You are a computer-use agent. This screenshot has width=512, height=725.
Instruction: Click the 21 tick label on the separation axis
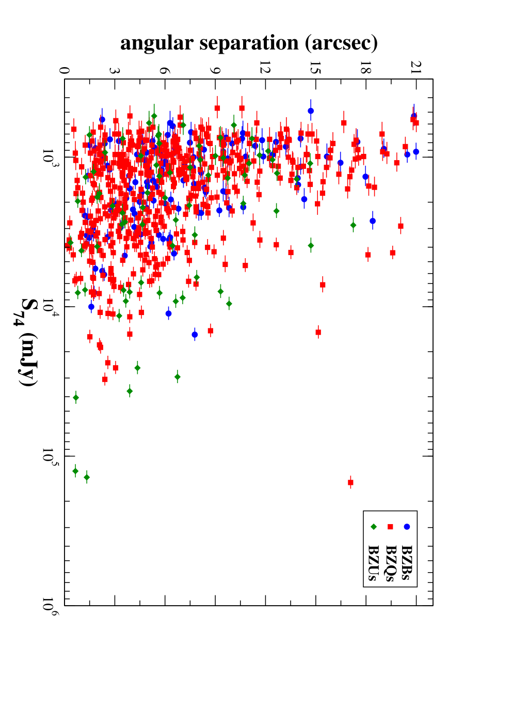pyautogui.click(x=416, y=68)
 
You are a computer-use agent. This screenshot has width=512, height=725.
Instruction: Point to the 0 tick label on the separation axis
pyautogui.click(x=64, y=71)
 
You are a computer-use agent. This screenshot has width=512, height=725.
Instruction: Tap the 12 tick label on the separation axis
pyautogui.click(x=265, y=68)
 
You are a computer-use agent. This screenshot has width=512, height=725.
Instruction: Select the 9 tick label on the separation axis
pyautogui.click(x=215, y=71)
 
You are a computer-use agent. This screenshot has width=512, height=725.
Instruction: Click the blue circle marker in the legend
pyautogui.click(x=407, y=527)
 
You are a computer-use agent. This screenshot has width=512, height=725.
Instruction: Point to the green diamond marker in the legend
pyautogui.click(x=374, y=527)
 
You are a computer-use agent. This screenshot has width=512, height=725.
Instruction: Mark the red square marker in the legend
pyautogui.click(x=390, y=527)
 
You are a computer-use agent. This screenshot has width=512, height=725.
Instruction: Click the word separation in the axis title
pyautogui.click(x=249, y=43)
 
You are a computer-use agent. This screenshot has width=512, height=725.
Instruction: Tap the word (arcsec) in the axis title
pyautogui.click(x=341, y=43)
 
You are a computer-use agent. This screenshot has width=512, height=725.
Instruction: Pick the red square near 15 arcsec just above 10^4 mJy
pyautogui.click(x=318, y=332)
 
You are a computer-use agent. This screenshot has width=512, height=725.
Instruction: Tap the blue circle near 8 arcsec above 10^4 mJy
pyautogui.click(x=195, y=335)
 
